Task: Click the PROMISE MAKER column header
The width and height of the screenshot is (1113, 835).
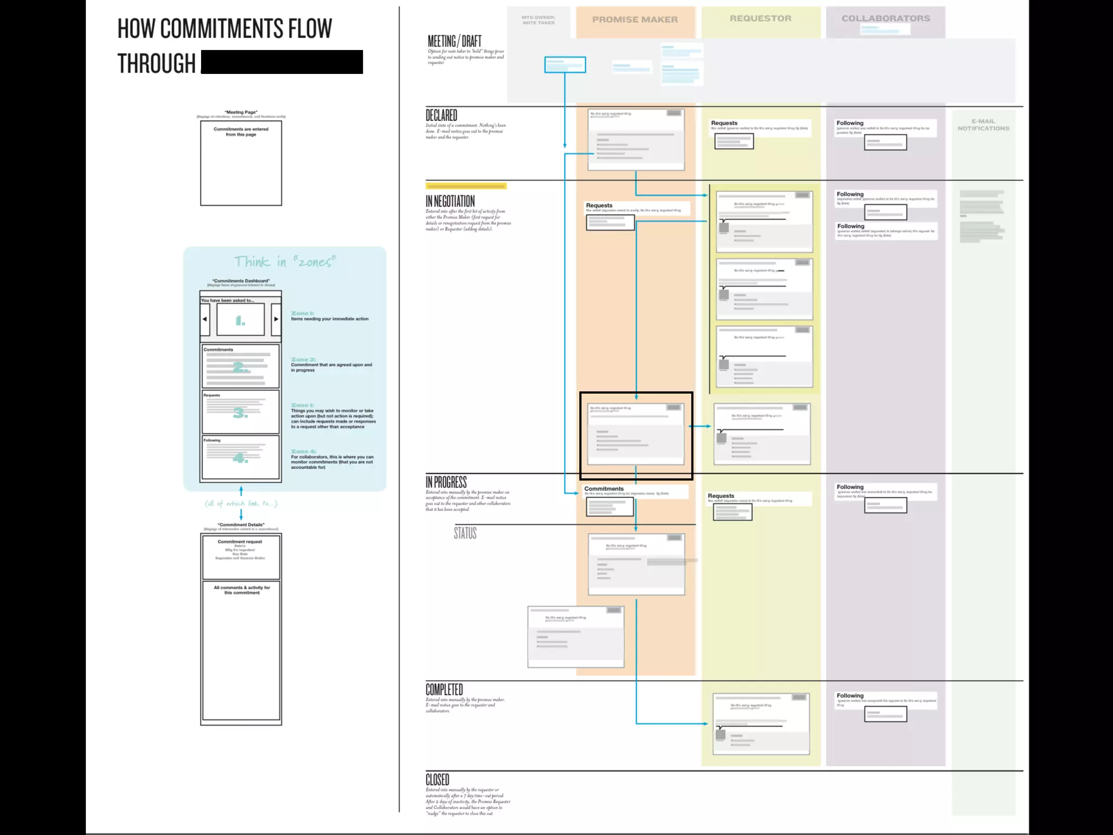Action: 635,20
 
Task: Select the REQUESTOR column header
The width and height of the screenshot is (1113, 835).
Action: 760,18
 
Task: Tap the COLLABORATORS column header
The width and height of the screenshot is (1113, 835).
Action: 886,18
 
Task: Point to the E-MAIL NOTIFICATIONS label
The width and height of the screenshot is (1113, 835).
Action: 983,125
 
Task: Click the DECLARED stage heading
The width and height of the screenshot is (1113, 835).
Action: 441,115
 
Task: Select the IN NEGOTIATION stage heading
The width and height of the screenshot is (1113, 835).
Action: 450,201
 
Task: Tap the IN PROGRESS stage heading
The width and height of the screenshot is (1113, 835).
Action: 446,482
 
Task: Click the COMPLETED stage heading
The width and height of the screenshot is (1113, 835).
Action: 444,689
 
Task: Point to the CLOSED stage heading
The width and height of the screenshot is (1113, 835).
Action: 437,780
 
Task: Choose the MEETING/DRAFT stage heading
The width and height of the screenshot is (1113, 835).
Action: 454,41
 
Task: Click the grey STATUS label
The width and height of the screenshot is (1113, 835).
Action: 465,533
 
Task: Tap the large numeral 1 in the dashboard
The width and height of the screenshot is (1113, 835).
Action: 240,321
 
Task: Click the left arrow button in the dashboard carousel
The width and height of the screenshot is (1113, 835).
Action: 205,319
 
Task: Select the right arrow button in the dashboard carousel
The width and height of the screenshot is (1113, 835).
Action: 276,319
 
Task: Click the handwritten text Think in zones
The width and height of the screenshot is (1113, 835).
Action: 285,262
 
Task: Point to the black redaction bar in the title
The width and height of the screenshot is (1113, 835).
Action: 282,62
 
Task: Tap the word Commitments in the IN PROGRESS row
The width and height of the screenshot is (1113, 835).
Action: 604,489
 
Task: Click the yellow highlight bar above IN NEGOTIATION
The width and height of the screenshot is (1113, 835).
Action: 466,186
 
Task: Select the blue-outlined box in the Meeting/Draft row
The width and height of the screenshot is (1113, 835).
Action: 565,65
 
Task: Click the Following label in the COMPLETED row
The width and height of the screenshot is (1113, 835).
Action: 850,696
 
